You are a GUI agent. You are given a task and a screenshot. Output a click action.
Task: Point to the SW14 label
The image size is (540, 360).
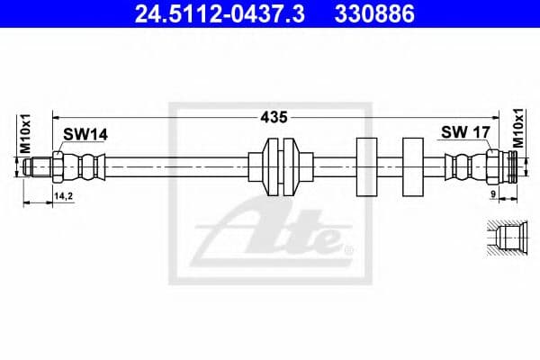coord(85,134)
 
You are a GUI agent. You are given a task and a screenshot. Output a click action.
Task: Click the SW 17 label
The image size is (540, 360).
coord(464,133)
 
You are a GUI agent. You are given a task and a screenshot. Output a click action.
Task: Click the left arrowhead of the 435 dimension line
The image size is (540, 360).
coord(56,117)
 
